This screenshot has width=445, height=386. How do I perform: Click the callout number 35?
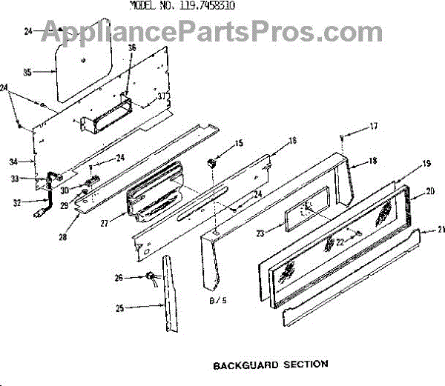[x=27, y=73]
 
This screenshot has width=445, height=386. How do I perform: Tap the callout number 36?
[x=132, y=48]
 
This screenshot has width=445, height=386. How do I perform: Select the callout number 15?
[x=239, y=142]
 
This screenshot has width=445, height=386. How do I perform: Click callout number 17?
[x=374, y=126]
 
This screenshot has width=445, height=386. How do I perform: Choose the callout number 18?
[x=373, y=161]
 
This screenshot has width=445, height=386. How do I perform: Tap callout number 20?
[x=431, y=191]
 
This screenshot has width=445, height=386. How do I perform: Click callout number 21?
[x=441, y=230]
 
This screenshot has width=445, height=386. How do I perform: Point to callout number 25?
[x=121, y=307]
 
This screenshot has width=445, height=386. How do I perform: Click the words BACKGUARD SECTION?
[x=270, y=365]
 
